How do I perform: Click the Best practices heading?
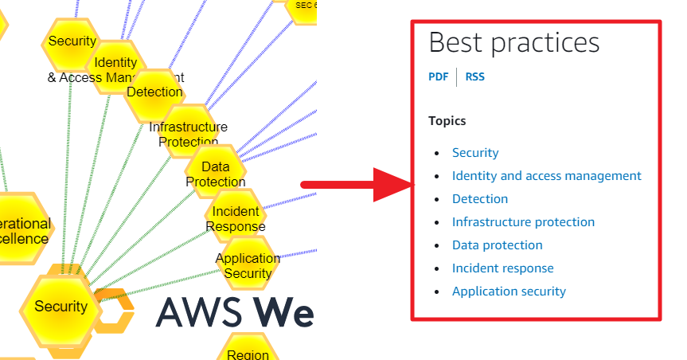[513, 42]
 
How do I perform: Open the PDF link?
[438, 77]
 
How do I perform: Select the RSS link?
[474, 77]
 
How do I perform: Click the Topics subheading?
[447, 121]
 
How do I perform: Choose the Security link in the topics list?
[475, 153]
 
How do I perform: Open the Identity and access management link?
[546, 176]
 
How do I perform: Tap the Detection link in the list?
[479, 199]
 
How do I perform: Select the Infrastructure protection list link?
[523, 222]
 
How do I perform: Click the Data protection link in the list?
[497, 245]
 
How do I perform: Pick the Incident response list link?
[502, 268]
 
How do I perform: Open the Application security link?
[509, 292]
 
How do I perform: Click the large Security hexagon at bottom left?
[61, 307]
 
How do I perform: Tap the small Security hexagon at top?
[72, 41]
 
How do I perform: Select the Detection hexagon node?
[154, 92]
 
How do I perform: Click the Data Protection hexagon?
[215, 174]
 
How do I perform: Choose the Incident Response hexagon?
[236, 218]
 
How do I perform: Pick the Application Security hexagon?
[248, 265]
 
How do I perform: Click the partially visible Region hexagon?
[248, 350]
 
